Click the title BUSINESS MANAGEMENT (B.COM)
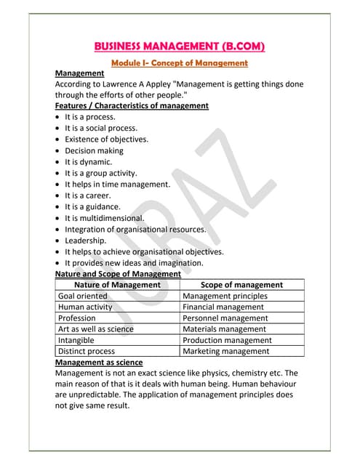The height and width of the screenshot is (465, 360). tap(180, 47)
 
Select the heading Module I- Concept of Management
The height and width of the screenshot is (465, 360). tap(180, 63)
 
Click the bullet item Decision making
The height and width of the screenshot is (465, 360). tap(94, 150)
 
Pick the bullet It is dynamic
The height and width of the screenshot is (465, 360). tap(88, 162)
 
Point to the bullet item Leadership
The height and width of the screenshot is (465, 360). tap(85, 240)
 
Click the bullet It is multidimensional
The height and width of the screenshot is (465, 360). tap(104, 217)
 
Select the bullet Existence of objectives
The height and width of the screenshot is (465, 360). tap(106, 139)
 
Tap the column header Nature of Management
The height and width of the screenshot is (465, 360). tap(117, 285)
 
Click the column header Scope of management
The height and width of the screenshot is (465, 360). tap(241, 285)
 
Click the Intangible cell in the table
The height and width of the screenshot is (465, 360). tap(76, 340)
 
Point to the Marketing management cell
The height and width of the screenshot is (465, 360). tap(225, 351)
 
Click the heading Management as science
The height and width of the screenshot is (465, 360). tap(99, 362)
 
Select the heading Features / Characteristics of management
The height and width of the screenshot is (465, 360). tap(132, 105)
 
